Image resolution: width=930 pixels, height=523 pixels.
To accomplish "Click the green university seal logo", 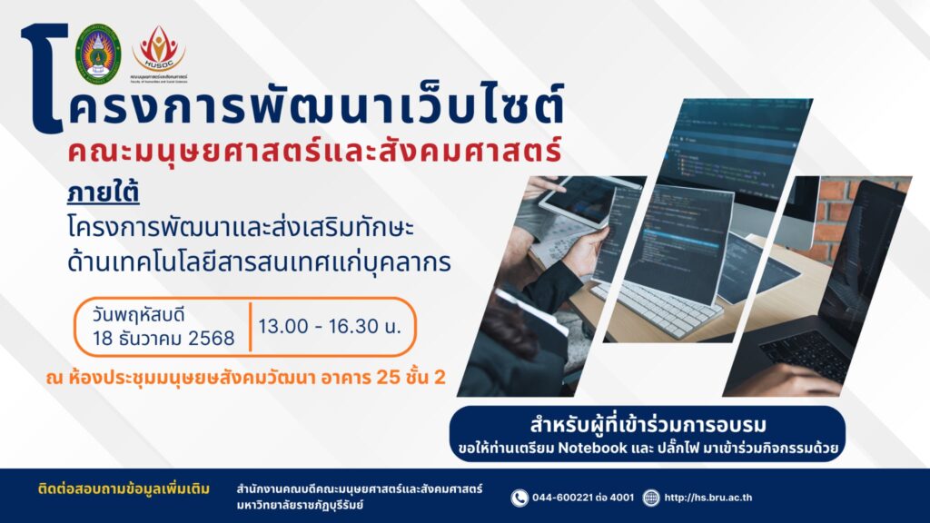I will pos(98,54).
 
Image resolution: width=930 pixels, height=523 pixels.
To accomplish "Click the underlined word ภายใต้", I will pos(93,194).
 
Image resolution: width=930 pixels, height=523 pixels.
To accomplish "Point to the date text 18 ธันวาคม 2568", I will pos(163,339).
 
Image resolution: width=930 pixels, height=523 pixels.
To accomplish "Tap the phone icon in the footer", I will pos(519,498).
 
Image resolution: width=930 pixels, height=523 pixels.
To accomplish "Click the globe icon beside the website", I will pos(650,498).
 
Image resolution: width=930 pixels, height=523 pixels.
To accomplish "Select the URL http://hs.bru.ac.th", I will pos(708,498).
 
